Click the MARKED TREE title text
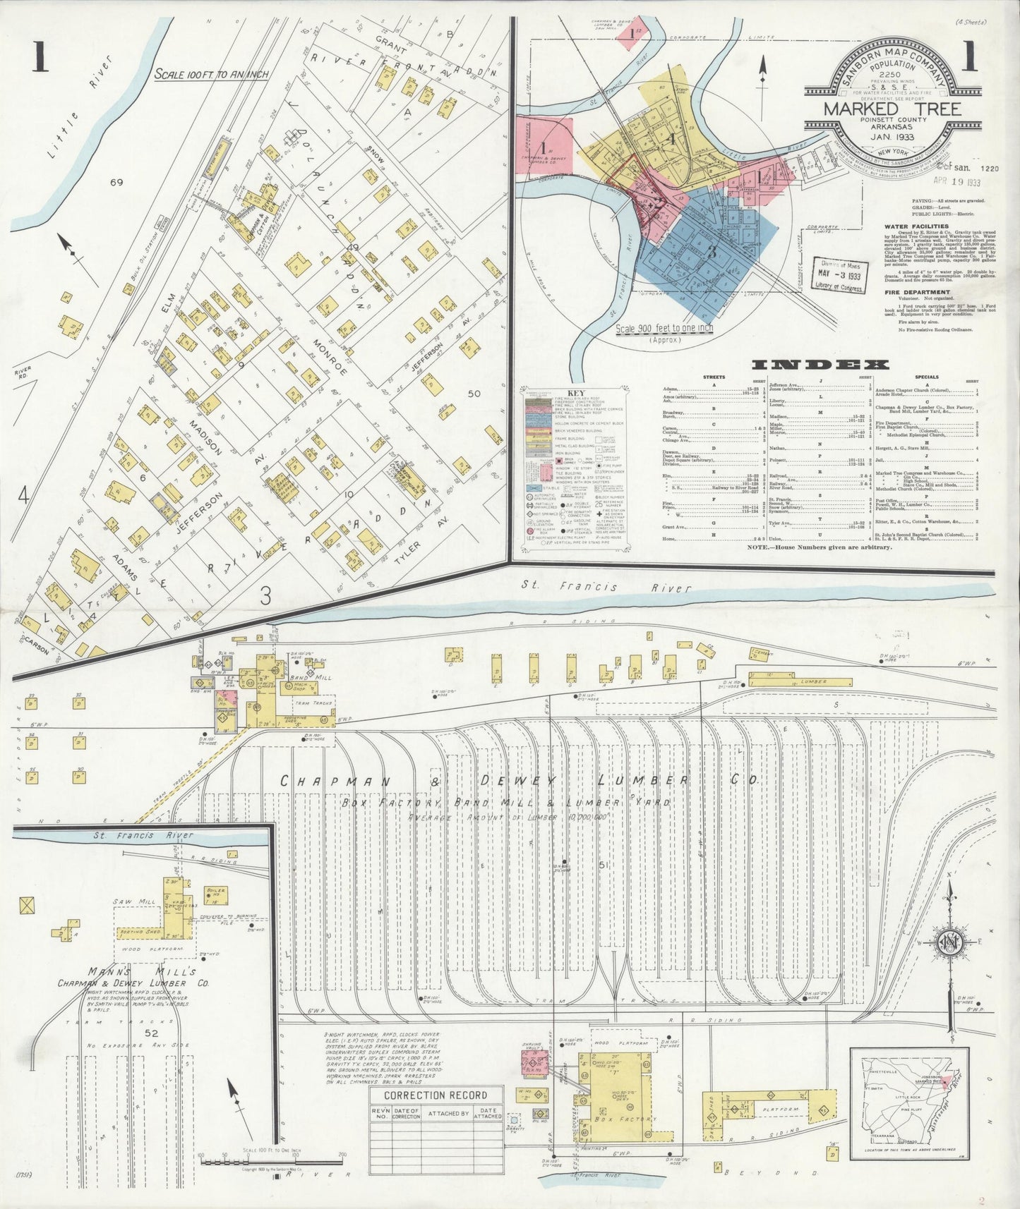pos(892,109)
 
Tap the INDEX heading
pos(820,365)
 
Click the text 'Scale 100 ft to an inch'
pos(211,74)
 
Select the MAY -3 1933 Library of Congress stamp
pos(836,276)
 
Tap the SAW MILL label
pos(128,902)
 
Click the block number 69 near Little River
pos(116,183)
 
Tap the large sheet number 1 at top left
pos(38,58)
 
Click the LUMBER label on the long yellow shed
pos(813,682)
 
